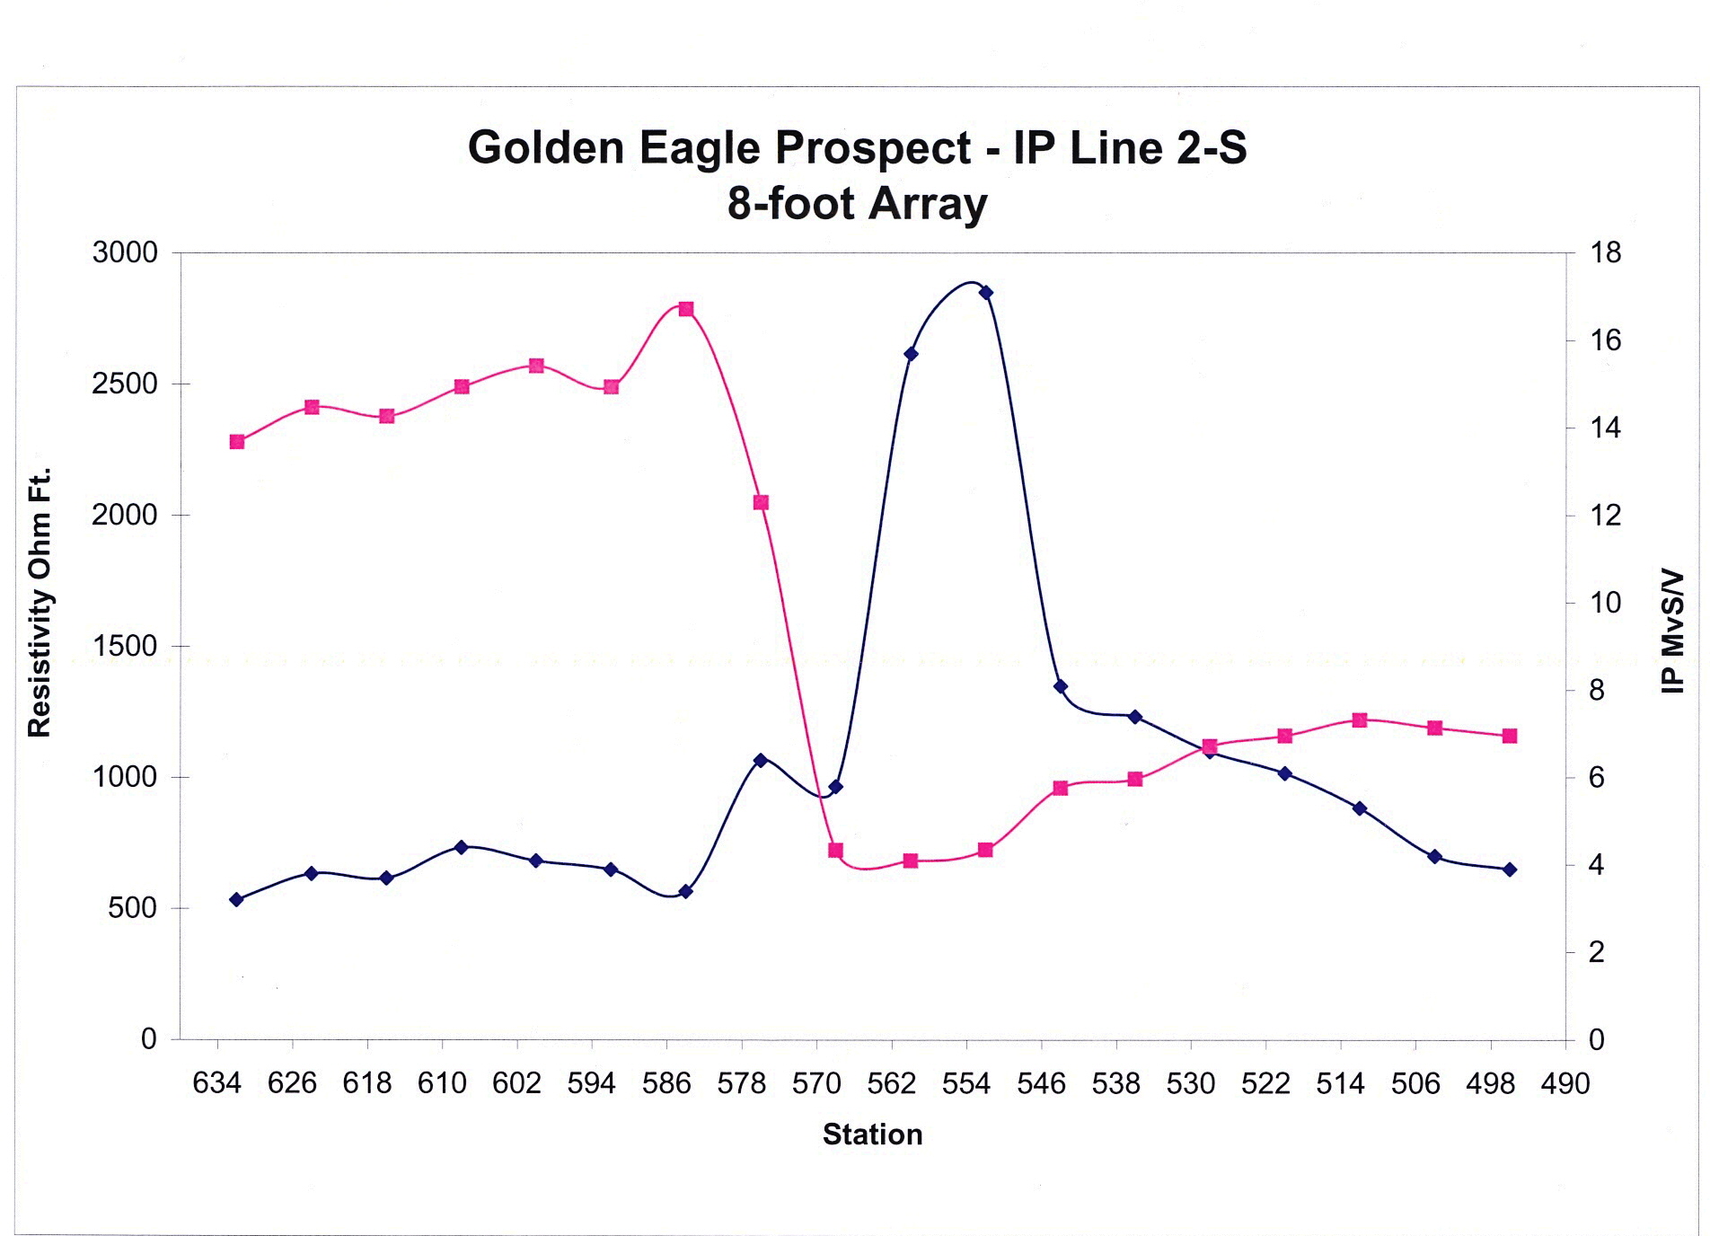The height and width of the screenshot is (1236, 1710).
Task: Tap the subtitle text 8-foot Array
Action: click(x=857, y=204)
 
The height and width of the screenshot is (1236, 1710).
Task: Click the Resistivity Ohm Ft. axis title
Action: click(x=39, y=602)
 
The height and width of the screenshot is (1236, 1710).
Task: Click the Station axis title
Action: click(x=872, y=1134)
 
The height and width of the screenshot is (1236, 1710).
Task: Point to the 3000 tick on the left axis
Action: click(x=125, y=252)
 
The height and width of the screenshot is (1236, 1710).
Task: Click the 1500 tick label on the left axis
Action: click(x=125, y=646)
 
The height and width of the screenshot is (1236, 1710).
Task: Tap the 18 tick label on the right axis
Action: click(x=1606, y=252)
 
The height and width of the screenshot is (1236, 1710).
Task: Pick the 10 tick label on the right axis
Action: click(x=1606, y=602)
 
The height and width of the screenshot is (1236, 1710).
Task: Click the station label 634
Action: click(x=217, y=1084)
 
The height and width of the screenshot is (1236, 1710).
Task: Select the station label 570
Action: click(x=816, y=1084)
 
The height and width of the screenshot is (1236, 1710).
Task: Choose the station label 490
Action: click(x=1565, y=1084)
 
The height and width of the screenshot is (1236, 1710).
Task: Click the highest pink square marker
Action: click(x=686, y=309)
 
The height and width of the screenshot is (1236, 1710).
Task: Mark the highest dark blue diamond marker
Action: click(x=985, y=292)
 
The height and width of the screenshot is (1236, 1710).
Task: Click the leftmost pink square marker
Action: click(x=237, y=442)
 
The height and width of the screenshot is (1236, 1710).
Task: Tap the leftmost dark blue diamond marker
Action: click(x=237, y=899)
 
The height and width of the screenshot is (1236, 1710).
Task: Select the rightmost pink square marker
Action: click(x=1510, y=736)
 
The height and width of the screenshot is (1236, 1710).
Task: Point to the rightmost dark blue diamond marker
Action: click(x=1510, y=870)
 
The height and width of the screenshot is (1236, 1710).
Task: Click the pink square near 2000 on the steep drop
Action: click(x=761, y=502)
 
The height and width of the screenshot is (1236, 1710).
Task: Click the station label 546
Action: click(x=1041, y=1084)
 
